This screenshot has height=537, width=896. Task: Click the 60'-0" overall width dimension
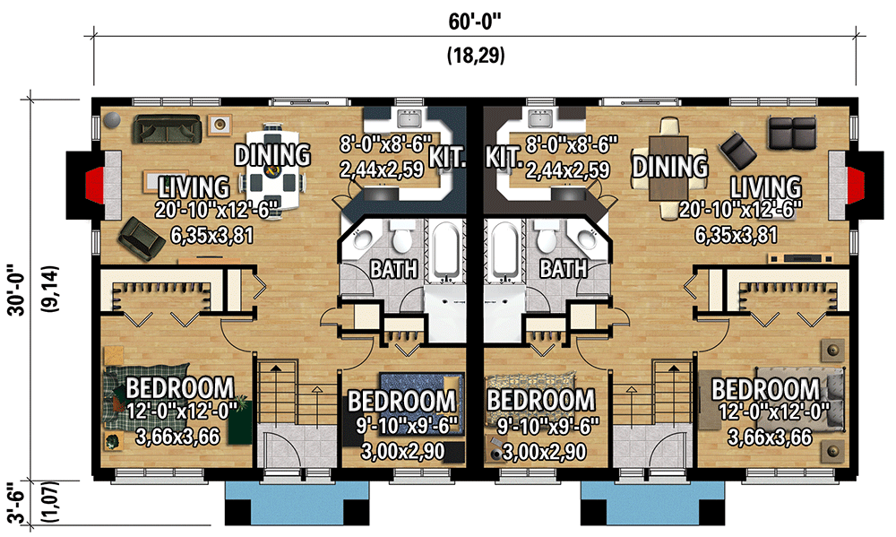(x=474, y=22)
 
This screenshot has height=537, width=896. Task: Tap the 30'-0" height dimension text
(x=16, y=290)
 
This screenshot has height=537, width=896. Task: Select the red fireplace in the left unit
(x=94, y=186)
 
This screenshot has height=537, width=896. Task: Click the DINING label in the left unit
(x=272, y=155)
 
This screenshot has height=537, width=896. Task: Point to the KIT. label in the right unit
(x=504, y=157)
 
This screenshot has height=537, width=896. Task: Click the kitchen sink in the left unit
(x=409, y=119)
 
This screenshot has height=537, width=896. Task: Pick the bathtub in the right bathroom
(x=505, y=252)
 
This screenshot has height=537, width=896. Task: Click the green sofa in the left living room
(x=168, y=129)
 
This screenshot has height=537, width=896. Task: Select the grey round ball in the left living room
(x=112, y=120)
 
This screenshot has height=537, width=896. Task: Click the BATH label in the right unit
(x=564, y=268)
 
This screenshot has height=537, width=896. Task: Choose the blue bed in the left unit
(x=420, y=402)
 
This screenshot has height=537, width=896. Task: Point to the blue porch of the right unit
(x=652, y=503)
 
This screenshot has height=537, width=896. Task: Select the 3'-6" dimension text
(x=16, y=503)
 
